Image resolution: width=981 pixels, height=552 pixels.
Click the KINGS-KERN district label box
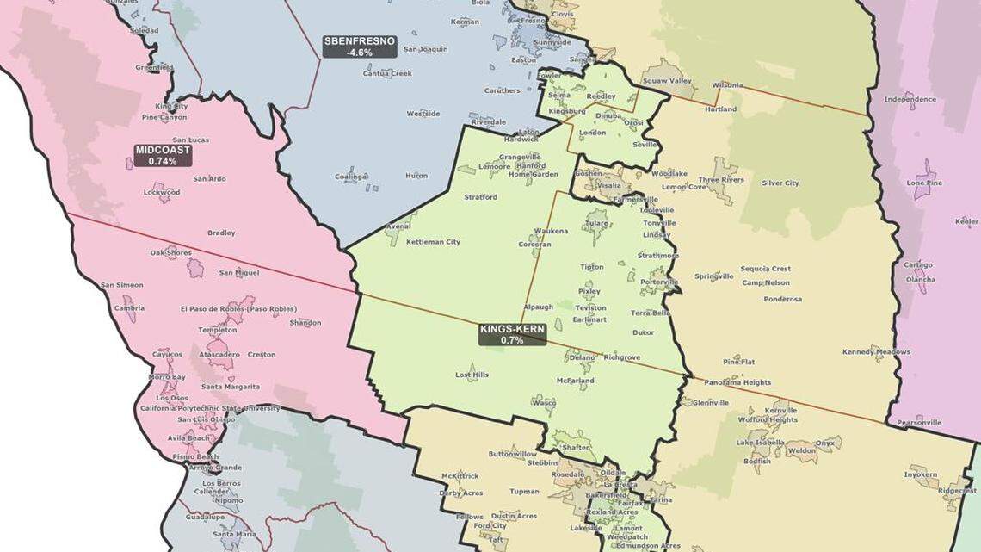coord(512,334)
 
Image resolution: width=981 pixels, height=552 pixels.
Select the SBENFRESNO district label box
coord(360,47)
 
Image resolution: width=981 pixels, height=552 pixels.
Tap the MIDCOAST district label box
coord(163,155)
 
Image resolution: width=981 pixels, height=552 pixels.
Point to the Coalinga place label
coord(351,177)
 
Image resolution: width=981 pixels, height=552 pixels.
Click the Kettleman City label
coord(433,242)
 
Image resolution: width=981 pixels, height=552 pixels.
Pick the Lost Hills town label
coord(472,375)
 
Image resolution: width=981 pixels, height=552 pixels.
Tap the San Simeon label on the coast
coord(122,285)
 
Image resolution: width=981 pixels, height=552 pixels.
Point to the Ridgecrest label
coord(957,491)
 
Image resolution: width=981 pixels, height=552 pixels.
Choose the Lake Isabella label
coord(760,442)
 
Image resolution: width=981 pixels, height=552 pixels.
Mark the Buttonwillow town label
coord(512,454)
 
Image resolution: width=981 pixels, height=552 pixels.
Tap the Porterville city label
coord(659,282)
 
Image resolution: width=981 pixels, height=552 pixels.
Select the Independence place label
coord(910,99)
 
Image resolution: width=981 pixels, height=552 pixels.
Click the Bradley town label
coord(221,233)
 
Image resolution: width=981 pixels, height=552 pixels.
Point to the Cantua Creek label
coord(387,73)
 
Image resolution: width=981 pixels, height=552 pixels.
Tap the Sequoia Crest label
coord(765,269)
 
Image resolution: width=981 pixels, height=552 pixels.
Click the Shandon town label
coord(305,323)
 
